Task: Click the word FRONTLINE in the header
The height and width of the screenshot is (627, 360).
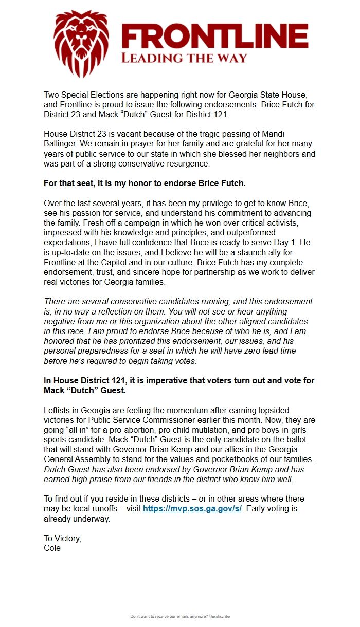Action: tap(214, 38)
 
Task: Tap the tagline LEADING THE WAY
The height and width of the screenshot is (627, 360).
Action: tap(184, 58)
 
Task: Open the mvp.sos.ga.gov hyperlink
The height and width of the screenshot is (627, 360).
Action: tap(192, 509)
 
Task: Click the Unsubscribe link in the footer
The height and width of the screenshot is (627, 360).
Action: tap(220, 616)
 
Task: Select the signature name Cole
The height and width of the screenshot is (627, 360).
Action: tap(52, 548)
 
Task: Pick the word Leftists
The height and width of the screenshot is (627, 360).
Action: tap(60, 411)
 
